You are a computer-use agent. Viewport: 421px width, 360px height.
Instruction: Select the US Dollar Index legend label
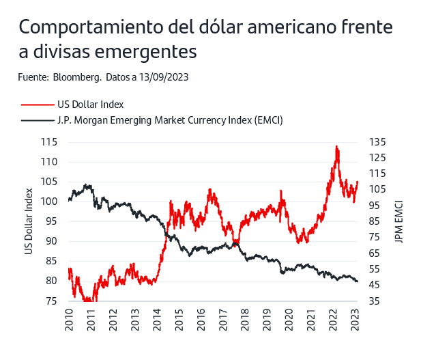pyautogui.click(x=90, y=105)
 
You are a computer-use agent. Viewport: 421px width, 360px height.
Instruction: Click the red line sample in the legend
pyautogui.click(x=36, y=105)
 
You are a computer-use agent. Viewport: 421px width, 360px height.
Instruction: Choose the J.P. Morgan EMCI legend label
pyautogui.click(x=170, y=120)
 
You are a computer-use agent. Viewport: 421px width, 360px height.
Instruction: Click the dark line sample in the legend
pyautogui.click(x=36, y=120)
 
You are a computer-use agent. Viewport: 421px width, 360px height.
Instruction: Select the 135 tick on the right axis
pyautogui.click(x=378, y=142)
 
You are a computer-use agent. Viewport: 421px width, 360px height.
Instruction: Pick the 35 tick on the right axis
pyautogui.click(x=375, y=301)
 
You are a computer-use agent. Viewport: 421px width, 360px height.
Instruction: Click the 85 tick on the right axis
pyautogui.click(x=375, y=221)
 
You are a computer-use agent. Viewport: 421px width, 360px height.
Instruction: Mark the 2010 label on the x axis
pyautogui.click(x=70, y=319)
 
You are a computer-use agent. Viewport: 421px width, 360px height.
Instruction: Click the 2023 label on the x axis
pyautogui.click(x=355, y=319)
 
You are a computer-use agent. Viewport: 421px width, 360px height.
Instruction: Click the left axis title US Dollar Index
pyautogui.click(x=29, y=221)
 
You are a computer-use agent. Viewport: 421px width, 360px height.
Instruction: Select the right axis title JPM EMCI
pyautogui.click(x=398, y=221)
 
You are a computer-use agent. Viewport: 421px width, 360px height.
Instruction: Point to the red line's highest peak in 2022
pyautogui.click(x=336, y=146)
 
